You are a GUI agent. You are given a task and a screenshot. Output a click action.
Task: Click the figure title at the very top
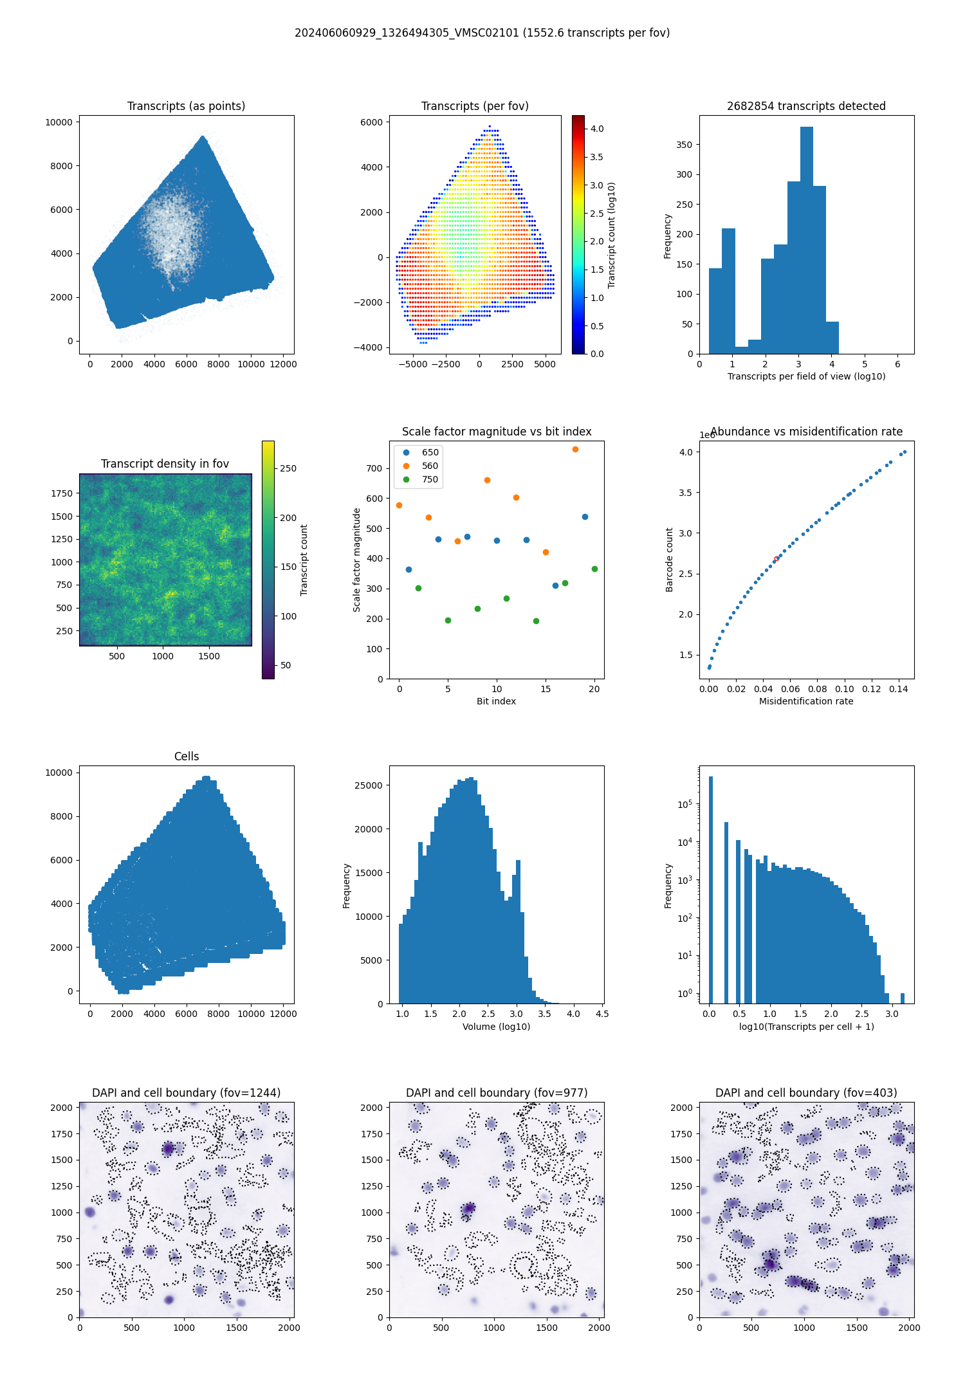482,33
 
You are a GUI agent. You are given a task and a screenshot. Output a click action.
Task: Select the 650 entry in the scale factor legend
430,452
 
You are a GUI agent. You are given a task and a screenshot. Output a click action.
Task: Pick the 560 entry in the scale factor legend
430,466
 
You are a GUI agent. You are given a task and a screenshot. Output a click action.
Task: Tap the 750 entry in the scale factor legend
430,479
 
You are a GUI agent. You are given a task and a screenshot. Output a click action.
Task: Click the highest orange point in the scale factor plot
575,449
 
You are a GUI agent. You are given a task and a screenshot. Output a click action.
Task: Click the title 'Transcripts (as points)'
186,106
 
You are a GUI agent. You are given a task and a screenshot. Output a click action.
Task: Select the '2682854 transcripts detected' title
806,106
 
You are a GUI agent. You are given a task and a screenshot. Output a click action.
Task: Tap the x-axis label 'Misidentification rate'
806,701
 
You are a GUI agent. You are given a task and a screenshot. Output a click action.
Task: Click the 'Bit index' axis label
496,701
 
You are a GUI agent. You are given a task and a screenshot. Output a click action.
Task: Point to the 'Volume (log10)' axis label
496,1027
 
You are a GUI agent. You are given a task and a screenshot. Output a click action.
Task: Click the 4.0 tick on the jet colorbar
597,129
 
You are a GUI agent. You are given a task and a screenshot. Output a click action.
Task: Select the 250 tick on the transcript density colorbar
288,468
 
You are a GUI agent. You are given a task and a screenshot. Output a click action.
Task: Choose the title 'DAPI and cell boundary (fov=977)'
496,1093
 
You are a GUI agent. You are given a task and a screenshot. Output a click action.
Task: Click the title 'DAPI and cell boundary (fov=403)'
806,1093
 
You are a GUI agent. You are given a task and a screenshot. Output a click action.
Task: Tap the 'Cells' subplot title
187,756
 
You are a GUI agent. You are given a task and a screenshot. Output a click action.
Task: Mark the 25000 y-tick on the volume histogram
369,785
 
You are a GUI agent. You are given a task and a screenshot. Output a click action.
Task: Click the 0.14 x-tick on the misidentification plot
898,689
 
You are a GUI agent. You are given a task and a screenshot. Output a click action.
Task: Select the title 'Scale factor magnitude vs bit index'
496,432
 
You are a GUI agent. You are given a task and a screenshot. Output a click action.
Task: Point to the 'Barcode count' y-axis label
669,560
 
